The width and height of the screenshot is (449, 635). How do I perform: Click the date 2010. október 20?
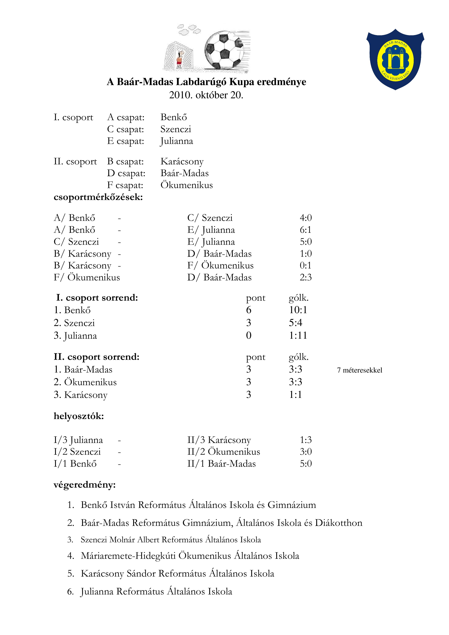click(206, 95)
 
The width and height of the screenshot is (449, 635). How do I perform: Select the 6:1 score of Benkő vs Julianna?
click(305, 230)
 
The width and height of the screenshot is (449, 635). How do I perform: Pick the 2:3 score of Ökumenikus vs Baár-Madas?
click(305, 277)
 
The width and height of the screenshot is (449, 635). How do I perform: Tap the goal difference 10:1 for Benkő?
click(298, 310)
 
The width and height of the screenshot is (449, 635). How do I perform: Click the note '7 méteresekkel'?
click(359, 370)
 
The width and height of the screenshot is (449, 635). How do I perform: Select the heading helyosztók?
click(79, 416)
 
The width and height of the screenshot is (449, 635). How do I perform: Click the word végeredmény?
click(85, 485)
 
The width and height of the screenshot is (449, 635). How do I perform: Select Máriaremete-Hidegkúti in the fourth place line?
click(128, 556)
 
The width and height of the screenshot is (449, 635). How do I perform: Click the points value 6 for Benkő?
click(249, 310)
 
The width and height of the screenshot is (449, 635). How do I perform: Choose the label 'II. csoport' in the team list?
click(75, 161)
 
